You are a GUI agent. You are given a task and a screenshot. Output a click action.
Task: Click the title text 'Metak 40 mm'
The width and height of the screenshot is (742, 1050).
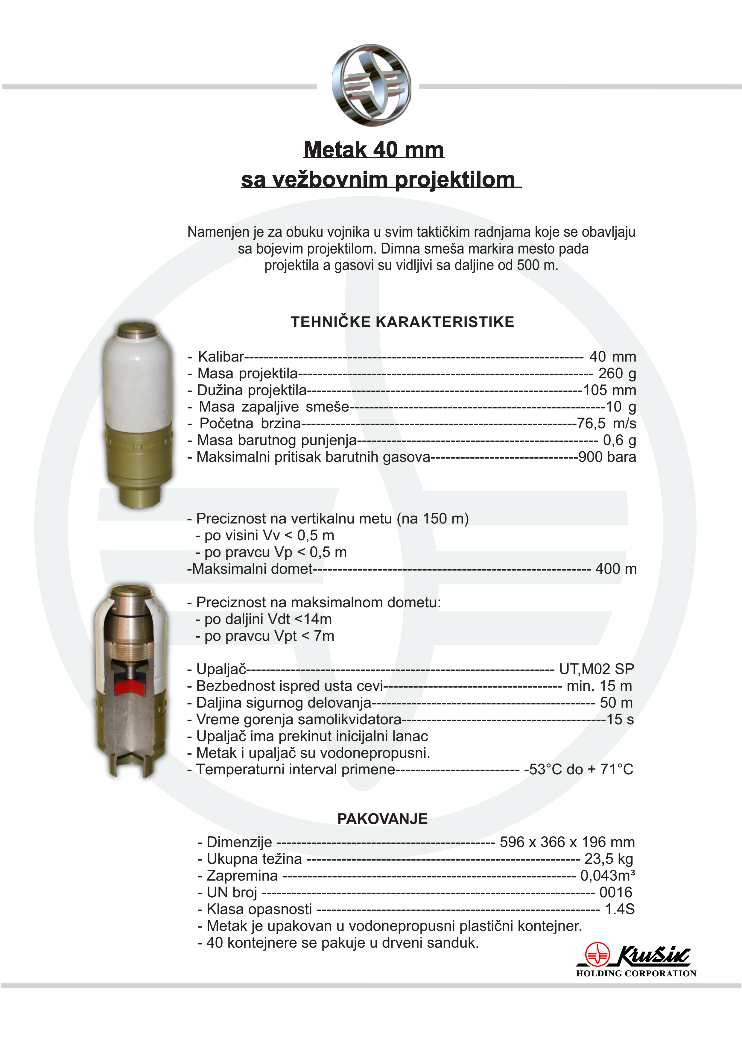click(373, 150)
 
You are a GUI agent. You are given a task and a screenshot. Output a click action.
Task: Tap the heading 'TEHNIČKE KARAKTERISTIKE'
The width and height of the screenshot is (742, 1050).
click(402, 322)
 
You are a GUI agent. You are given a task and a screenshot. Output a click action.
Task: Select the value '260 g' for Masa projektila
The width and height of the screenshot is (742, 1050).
click(617, 374)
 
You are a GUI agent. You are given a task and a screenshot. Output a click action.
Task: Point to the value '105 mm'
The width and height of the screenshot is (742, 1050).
click(609, 390)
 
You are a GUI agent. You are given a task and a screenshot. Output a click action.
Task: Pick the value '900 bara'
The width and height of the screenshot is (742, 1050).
click(607, 457)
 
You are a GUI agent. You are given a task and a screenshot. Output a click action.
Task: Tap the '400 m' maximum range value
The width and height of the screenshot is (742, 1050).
click(615, 569)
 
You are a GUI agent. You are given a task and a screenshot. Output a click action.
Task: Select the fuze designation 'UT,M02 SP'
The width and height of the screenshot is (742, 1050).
click(597, 669)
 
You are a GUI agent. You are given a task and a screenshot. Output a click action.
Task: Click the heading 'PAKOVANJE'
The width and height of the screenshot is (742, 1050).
click(382, 819)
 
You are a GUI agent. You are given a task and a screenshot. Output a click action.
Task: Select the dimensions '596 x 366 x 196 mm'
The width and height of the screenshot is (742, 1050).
click(567, 842)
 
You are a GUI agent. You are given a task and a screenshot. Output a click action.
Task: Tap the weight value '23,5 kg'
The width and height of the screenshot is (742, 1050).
click(609, 859)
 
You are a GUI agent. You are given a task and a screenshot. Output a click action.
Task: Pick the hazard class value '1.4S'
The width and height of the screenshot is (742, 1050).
click(619, 909)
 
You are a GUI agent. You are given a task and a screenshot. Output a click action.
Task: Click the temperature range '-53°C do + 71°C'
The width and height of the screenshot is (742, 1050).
click(578, 769)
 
